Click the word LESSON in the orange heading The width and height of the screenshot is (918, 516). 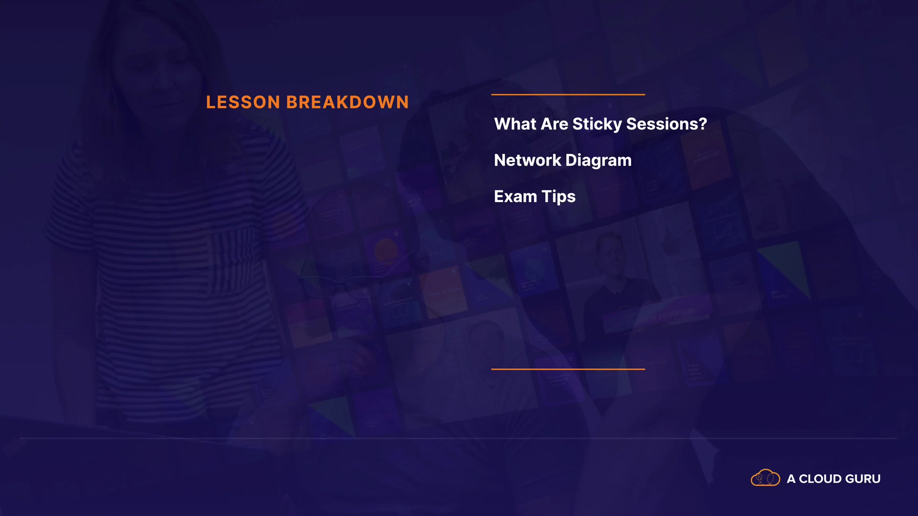[x=243, y=102]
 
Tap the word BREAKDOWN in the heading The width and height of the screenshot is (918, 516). [x=348, y=102]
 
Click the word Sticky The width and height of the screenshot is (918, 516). [x=597, y=124]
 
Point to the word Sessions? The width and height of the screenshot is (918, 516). [x=667, y=124]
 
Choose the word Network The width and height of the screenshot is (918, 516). [x=528, y=160]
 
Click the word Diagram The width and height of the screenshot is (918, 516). [x=599, y=161]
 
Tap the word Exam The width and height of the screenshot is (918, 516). [x=515, y=196]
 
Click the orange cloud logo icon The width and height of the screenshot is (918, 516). [x=765, y=478]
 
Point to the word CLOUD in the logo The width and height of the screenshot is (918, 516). [x=820, y=479]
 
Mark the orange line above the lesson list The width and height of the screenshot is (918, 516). [x=568, y=95]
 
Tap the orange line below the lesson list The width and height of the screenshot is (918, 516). [x=568, y=369]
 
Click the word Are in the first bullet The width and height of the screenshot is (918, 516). [x=555, y=124]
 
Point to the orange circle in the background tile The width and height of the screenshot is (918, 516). [x=386, y=250]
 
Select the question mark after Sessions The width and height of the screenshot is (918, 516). [x=703, y=124]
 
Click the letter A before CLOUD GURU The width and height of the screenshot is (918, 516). [x=791, y=479]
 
